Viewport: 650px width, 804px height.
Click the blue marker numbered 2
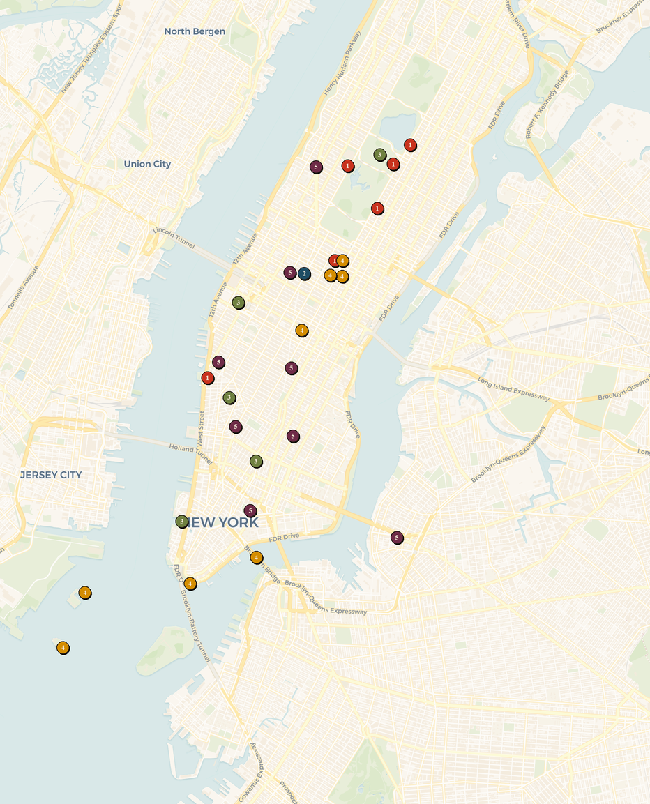tap(304, 273)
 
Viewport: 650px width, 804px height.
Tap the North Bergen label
tap(195, 31)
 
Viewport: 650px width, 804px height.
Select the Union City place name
tap(147, 164)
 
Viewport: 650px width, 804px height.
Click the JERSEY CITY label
tap(51, 475)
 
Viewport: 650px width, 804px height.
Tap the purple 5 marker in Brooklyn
tap(397, 538)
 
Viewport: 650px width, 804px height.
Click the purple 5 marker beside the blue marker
tap(290, 273)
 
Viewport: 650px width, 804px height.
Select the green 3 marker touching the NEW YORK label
tap(182, 522)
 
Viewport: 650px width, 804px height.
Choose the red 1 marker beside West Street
tap(207, 378)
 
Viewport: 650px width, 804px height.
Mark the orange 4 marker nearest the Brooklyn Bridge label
tap(257, 557)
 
